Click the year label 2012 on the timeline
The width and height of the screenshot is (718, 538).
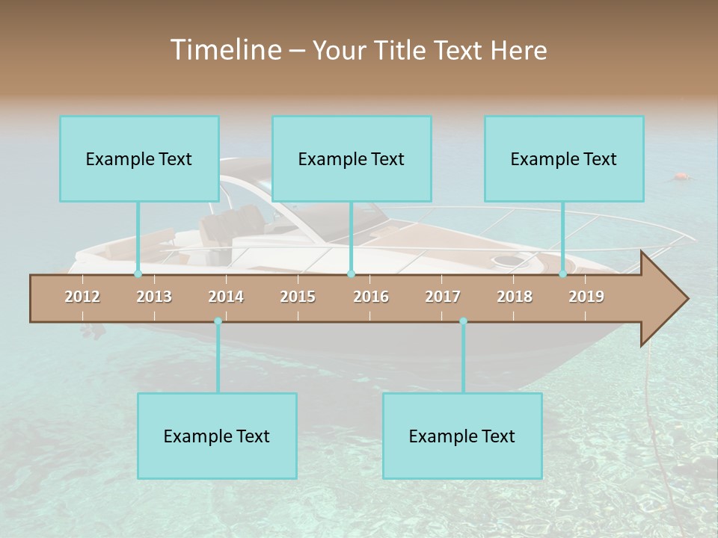pos(82,297)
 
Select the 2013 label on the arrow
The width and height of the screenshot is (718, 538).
pos(154,297)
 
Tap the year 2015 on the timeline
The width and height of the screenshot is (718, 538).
pos(298,297)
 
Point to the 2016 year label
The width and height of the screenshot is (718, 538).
pos(371,297)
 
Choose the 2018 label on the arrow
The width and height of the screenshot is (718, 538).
pos(515,297)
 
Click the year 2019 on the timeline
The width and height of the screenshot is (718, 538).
pos(586,297)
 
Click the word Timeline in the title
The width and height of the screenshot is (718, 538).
pos(225,49)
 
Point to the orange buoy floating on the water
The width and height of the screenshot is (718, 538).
pos(681,177)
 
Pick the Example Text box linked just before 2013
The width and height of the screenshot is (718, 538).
pos(139,158)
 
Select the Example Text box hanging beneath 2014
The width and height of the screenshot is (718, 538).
pos(217,436)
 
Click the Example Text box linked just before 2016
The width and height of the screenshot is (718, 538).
pos(352,158)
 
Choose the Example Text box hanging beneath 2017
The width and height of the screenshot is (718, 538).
pos(462,436)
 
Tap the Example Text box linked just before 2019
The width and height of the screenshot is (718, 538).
pos(564,158)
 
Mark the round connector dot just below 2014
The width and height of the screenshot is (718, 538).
pos(218,321)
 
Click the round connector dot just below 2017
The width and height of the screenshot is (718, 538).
pos(463,321)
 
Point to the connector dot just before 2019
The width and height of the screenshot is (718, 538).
pos(563,273)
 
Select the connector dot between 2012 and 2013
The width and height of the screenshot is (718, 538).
pos(138,273)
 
